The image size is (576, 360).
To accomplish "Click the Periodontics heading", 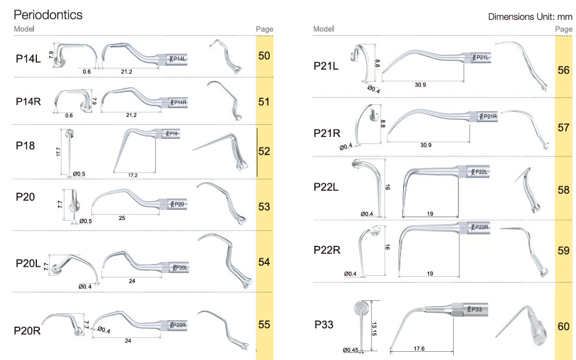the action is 48,15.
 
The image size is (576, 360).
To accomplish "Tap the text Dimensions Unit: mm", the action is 530,16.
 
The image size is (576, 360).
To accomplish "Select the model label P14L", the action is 28,59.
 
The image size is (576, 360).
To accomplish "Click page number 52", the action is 264,151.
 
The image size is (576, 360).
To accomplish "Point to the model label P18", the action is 25,146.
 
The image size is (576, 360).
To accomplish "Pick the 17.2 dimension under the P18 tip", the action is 133,175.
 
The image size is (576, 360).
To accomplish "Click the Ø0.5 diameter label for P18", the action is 79,174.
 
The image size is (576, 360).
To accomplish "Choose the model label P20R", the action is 27,331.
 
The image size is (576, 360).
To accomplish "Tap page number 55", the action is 264,324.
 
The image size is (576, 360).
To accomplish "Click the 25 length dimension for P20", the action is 122,218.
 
